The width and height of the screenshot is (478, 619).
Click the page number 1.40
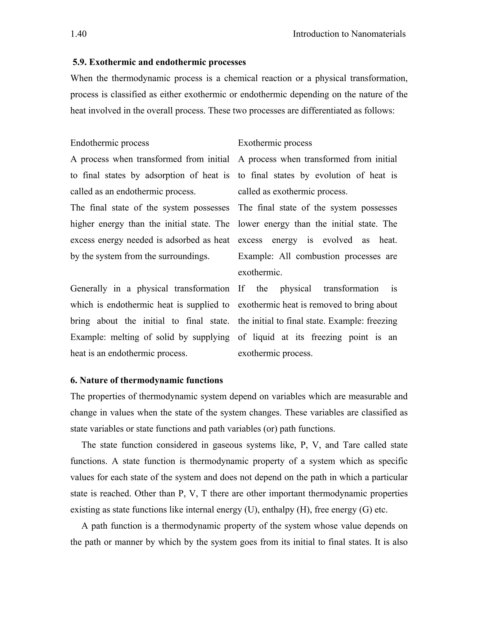(78, 34)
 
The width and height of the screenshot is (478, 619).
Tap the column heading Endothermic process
(110, 143)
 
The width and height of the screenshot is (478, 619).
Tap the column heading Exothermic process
(275, 143)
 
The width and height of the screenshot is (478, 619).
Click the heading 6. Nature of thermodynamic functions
(146, 380)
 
